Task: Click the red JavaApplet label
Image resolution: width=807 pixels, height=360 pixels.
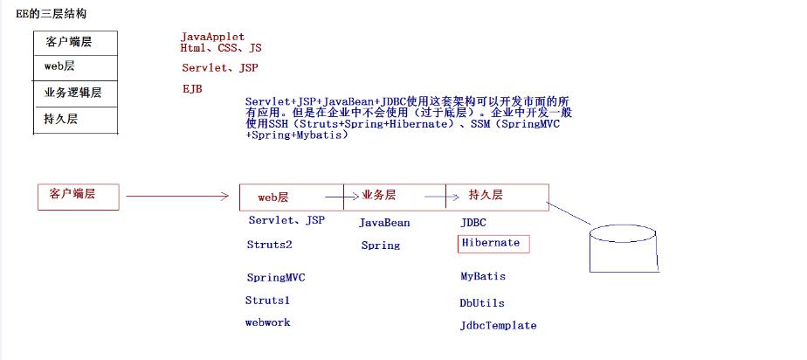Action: point(213,37)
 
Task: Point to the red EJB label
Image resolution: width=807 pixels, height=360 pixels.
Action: point(192,89)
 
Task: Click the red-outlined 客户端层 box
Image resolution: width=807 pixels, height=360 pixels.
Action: point(78,197)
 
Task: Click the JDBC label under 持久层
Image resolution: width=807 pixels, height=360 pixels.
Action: point(473,223)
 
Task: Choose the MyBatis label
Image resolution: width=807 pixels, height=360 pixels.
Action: point(483,276)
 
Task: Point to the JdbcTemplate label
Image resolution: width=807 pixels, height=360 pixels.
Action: point(498,326)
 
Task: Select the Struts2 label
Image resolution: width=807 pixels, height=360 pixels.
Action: point(270,246)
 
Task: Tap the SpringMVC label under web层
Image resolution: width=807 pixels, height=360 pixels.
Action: point(276,278)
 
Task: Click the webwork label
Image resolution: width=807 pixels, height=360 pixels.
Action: point(267,322)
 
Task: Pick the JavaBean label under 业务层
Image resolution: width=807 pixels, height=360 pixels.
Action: point(384,223)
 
